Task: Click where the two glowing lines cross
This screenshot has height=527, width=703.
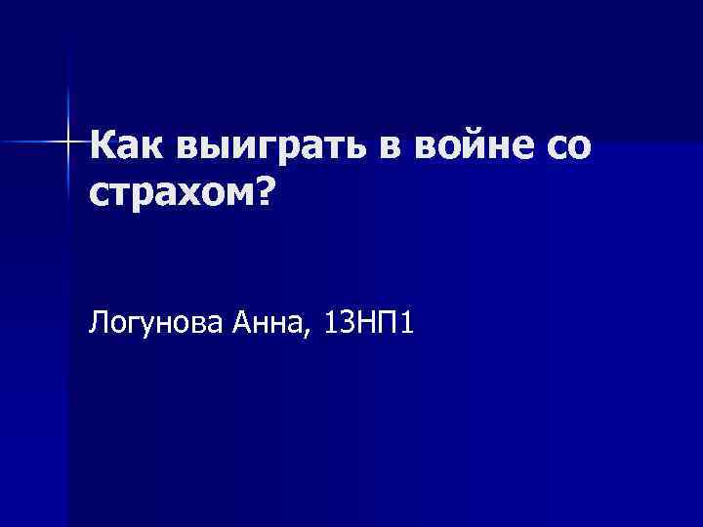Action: [68, 142]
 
